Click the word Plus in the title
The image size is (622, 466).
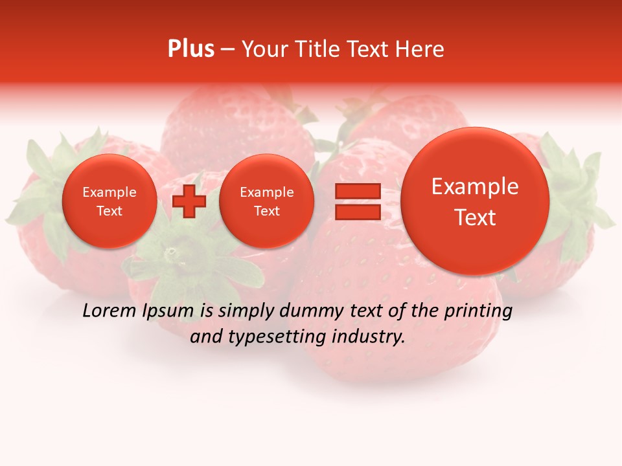(190, 49)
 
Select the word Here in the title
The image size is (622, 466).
(421, 49)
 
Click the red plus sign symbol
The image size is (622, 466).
(189, 201)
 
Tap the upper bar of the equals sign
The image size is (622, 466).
(357, 191)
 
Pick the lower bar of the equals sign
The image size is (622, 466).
(357, 212)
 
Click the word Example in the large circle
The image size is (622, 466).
(475, 187)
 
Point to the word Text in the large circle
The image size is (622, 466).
(475, 218)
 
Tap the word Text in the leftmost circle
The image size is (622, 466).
(109, 211)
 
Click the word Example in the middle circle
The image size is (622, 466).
(266, 192)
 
